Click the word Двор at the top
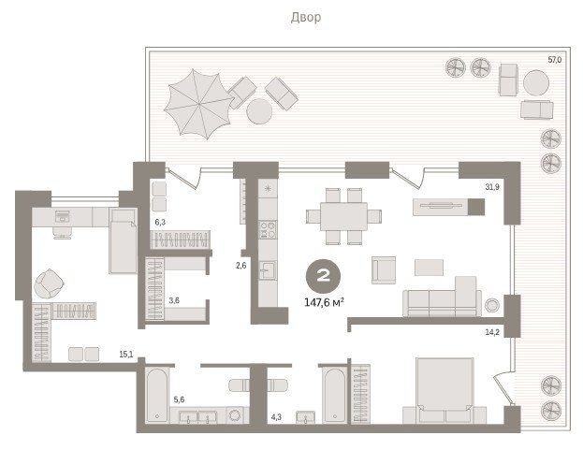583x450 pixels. tap(306, 18)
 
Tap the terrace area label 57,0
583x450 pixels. tap(554, 60)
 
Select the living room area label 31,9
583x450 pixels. tap(492, 187)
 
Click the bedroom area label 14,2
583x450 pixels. tap(492, 332)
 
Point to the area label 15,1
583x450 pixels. tap(126, 355)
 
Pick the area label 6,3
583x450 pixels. tap(160, 223)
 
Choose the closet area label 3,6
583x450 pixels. tap(174, 300)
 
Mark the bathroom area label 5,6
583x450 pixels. tap(179, 399)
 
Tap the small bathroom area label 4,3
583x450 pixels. tap(276, 417)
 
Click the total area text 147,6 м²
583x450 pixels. tap(324, 302)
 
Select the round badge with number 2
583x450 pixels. tap(323, 276)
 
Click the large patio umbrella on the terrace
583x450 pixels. tap(199, 104)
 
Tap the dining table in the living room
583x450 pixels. tap(343, 216)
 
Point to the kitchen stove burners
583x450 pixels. tap(268, 229)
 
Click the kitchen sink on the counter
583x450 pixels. tap(268, 270)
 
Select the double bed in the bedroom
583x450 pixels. tap(445, 390)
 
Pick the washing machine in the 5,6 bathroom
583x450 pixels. tap(236, 415)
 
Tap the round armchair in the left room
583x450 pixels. tap(49, 283)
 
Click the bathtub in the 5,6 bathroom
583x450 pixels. tap(157, 395)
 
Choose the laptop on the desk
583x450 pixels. tap(63, 216)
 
